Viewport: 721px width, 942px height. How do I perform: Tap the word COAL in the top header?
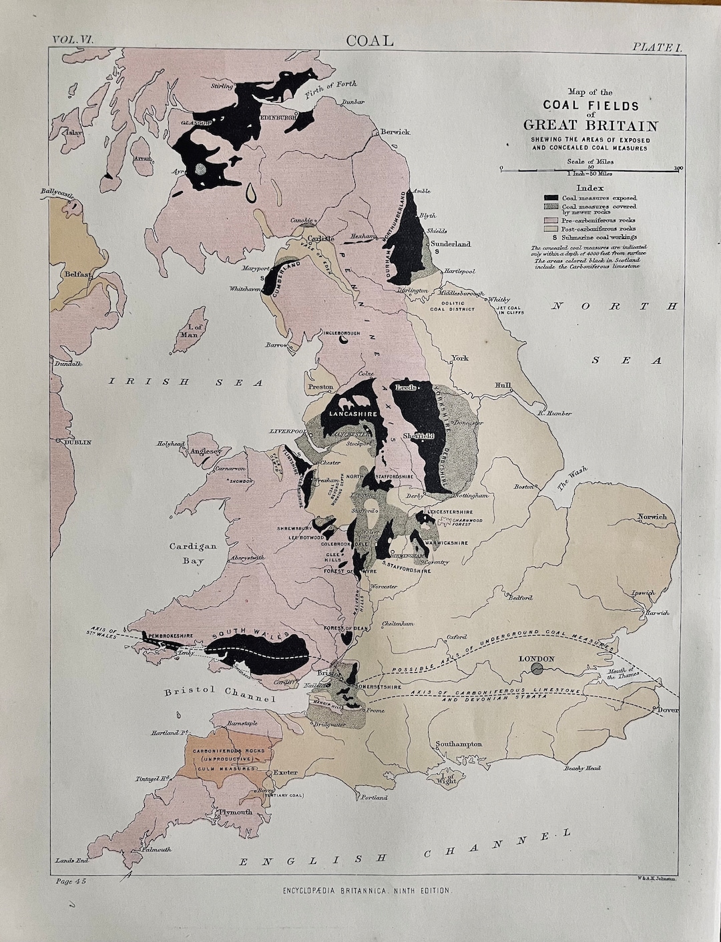pyautogui.click(x=370, y=41)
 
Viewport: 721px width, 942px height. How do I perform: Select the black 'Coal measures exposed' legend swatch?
pyautogui.click(x=551, y=198)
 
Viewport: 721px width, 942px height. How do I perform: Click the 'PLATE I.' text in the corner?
pyautogui.click(x=656, y=46)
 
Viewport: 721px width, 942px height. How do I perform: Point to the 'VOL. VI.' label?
pyautogui.click(x=73, y=41)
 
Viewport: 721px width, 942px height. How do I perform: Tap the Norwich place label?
pyautogui.click(x=652, y=517)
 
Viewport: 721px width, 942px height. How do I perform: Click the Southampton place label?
pyautogui.click(x=459, y=744)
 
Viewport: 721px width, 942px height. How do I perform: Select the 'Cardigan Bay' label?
pyautogui.click(x=192, y=553)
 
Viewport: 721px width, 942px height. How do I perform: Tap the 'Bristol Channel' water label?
pyautogui.click(x=220, y=694)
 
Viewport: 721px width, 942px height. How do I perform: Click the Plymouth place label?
pyautogui.click(x=233, y=812)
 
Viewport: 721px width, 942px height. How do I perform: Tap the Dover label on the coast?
pyautogui.click(x=668, y=710)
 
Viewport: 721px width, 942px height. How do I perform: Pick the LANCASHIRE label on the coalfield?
pyautogui.click(x=348, y=415)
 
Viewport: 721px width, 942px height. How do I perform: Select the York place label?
pyautogui.click(x=459, y=358)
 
